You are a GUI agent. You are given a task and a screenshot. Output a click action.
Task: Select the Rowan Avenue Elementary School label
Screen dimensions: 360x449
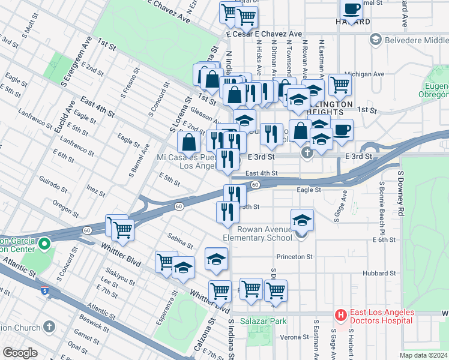click(261, 233)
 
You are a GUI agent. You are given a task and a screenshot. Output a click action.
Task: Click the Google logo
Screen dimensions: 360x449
click(20, 353)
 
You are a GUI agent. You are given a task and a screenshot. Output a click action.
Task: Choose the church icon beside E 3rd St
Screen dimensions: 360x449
click(308, 153)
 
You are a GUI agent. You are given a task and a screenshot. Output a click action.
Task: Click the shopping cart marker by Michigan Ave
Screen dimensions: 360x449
click(340, 85)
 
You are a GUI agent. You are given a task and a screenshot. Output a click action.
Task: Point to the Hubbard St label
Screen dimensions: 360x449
click(380, 272)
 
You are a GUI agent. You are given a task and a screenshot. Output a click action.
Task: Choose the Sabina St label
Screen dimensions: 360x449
click(180, 241)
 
